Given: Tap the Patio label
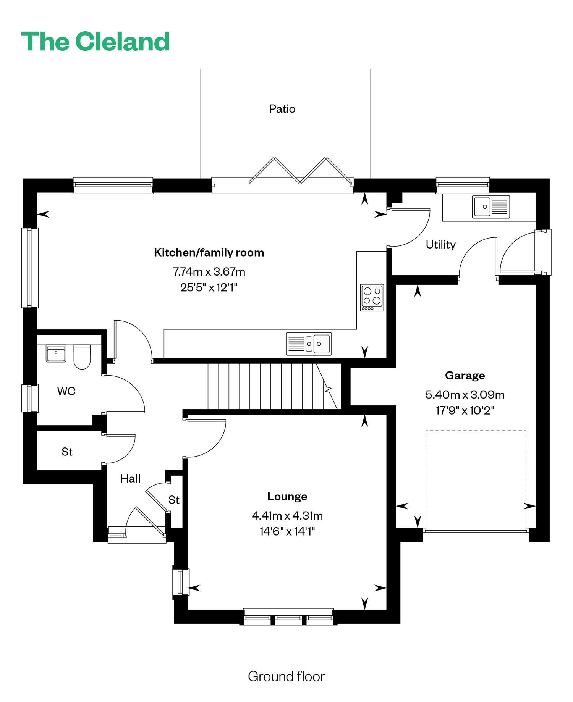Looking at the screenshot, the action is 282,109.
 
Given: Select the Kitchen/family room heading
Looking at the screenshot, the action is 209,252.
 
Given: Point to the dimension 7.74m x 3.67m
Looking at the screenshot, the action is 209,271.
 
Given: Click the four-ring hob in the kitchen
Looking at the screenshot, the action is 372,297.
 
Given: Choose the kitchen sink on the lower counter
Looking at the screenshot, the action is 309,344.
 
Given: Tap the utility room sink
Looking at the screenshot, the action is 491,207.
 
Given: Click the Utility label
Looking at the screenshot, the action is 441,244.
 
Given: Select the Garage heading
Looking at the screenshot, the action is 465,376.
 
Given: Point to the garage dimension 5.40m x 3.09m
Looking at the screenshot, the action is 465,394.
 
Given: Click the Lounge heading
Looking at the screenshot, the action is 287,496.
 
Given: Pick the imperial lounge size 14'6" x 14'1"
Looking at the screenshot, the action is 287,531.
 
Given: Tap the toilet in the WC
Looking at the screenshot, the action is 82,357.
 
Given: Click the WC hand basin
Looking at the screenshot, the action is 56,353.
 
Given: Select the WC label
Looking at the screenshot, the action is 66,391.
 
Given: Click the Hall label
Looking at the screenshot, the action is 130,478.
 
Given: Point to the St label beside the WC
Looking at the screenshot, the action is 67,452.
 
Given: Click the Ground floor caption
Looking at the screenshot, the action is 286,676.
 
